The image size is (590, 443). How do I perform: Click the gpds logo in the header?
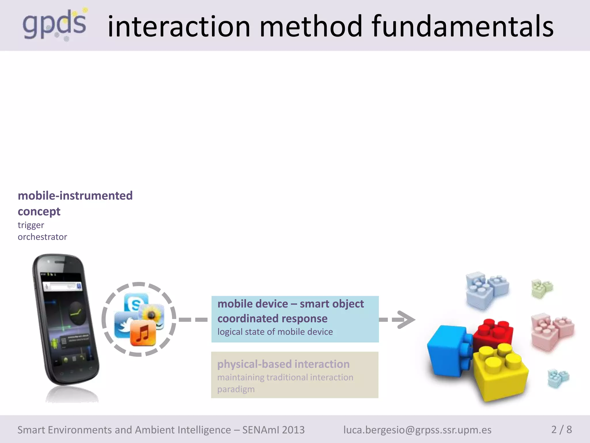pyautogui.click(x=55, y=25)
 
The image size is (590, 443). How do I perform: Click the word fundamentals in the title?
pyautogui.click(x=462, y=27)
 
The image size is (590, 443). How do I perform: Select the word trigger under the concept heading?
pyautogui.click(x=31, y=225)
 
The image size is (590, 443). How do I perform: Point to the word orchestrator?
pyautogui.click(x=42, y=237)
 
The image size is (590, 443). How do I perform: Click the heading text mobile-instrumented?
pyautogui.click(x=75, y=196)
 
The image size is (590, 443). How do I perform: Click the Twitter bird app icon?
pyautogui.click(x=124, y=324)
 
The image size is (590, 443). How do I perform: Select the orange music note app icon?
pyautogui.click(x=143, y=333)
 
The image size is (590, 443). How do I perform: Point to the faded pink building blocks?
pyautogui.click(x=552, y=332)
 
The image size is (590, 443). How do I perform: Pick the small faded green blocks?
pyautogui.click(x=542, y=288)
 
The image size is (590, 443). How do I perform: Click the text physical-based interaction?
pyautogui.click(x=283, y=364)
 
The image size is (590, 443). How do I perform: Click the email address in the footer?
pyautogui.click(x=417, y=430)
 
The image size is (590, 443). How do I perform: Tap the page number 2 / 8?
pyautogui.click(x=561, y=429)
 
